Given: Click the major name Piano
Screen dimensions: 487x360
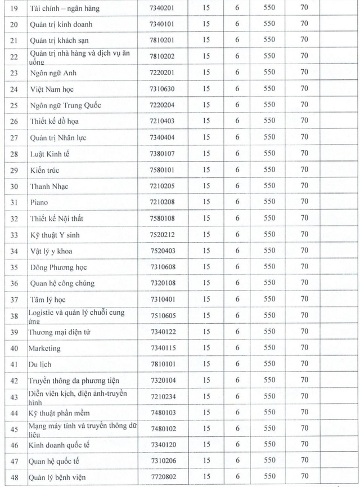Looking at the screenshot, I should [x=39, y=202].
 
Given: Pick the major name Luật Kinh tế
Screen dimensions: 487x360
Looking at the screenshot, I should [x=49, y=154].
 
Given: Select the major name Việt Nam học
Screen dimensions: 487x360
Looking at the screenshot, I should [x=51, y=89].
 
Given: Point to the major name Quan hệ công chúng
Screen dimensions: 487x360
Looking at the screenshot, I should [x=62, y=283].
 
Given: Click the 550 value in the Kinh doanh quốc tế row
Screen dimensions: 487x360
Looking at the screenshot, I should [x=269, y=445].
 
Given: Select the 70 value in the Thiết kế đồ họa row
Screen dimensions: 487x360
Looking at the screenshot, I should [x=304, y=120].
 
